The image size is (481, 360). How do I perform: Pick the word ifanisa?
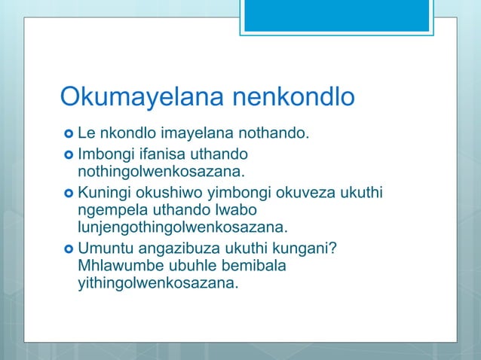(x=154, y=154)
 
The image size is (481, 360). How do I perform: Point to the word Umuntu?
(x=103, y=249)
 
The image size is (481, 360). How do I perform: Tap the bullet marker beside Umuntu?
(x=69, y=250)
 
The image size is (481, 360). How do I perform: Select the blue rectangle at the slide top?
(x=336, y=15)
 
